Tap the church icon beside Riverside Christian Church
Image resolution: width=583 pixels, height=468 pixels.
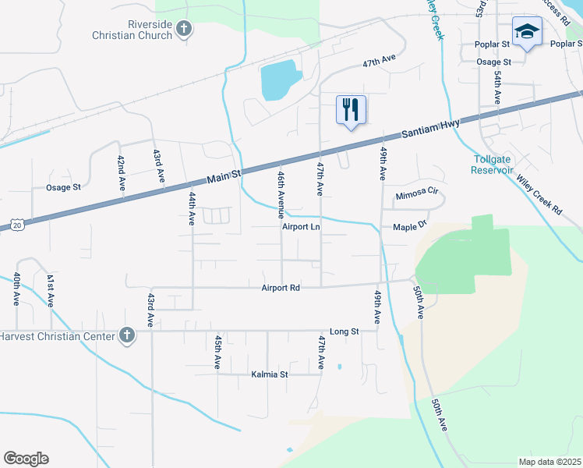pyautogui.click(x=184, y=30)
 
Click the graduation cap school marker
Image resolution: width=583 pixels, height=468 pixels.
pyautogui.click(x=527, y=32)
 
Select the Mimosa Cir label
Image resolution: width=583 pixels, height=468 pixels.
pyautogui.click(x=419, y=195)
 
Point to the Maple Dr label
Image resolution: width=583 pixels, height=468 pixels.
pyautogui.click(x=411, y=226)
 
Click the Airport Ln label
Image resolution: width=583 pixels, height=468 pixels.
pyautogui.click(x=302, y=227)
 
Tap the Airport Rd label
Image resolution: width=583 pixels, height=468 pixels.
pyautogui.click(x=281, y=287)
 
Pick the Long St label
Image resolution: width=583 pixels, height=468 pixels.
pyautogui.click(x=344, y=331)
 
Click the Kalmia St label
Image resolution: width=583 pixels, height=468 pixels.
pyautogui.click(x=270, y=374)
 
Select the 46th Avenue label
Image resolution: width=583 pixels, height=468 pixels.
pyautogui.click(x=281, y=194)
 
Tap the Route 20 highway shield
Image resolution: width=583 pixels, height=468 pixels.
pyautogui.click(x=17, y=225)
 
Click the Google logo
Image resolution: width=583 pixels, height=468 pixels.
pyautogui.click(x=26, y=459)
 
